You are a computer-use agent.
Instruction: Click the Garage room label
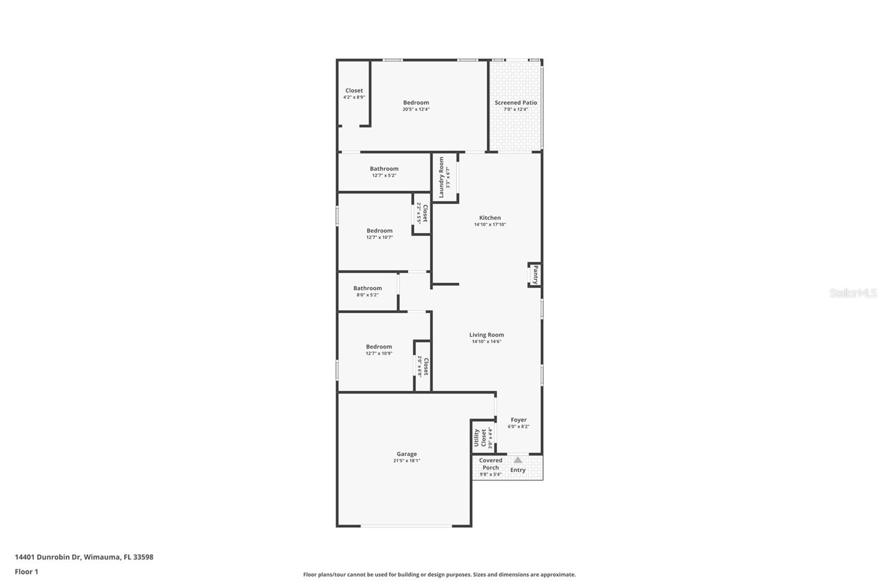(407, 454)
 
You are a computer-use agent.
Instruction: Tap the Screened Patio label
(516, 102)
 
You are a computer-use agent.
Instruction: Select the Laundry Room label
(441, 177)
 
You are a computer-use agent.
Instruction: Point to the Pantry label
(536, 274)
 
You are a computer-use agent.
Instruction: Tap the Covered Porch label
(491, 464)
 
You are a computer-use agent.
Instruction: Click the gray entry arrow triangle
(518, 460)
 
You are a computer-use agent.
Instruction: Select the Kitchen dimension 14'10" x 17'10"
(489, 225)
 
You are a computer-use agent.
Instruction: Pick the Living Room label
(487, 335)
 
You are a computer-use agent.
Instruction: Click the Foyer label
(519, 420)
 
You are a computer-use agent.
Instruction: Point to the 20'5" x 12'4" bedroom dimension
(416, 109)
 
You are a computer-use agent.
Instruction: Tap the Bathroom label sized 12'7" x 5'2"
(384, 169)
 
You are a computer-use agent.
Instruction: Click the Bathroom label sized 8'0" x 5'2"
(368, 288)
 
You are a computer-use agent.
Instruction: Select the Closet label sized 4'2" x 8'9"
(354, 90)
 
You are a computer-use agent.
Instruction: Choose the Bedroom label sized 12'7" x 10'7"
(380, 230)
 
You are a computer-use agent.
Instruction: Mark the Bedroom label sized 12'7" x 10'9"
(379, 346)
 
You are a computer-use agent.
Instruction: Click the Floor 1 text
(26, 572)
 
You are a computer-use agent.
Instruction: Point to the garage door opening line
(406, 526)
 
